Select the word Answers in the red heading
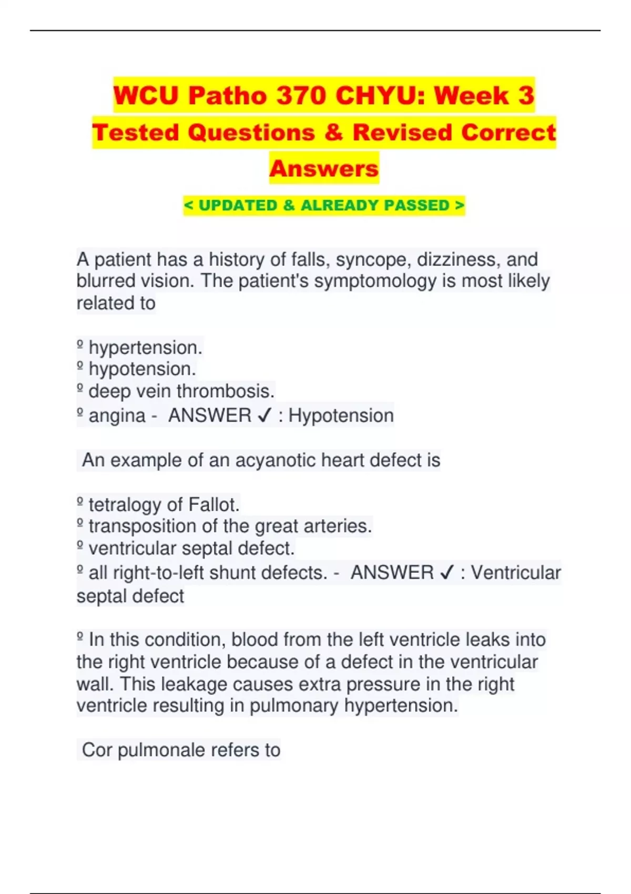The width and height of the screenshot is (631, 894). coord(324,169)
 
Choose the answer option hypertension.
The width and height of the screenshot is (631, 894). coord(145,348)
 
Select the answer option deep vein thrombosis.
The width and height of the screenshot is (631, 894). coord(181,391)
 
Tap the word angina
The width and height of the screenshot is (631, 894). coord(117,415)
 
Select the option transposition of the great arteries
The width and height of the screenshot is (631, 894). coord(230,526)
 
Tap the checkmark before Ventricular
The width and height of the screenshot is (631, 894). coord(446,573)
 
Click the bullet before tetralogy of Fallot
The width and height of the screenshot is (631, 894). coord(80,504)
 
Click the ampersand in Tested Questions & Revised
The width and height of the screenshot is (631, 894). coord(333,133)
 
